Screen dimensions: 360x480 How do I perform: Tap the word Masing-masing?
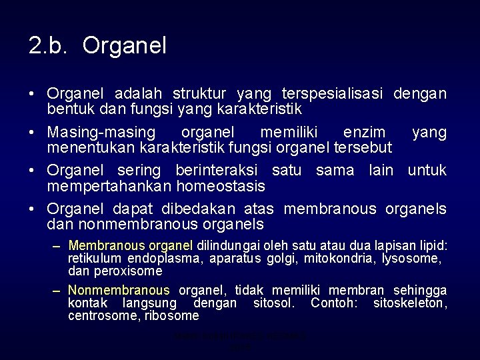99,132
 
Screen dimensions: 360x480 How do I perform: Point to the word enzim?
363,132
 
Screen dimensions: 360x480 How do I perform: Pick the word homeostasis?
224,185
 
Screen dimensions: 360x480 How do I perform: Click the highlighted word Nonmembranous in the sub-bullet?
119,290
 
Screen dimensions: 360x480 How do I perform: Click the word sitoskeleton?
408,303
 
